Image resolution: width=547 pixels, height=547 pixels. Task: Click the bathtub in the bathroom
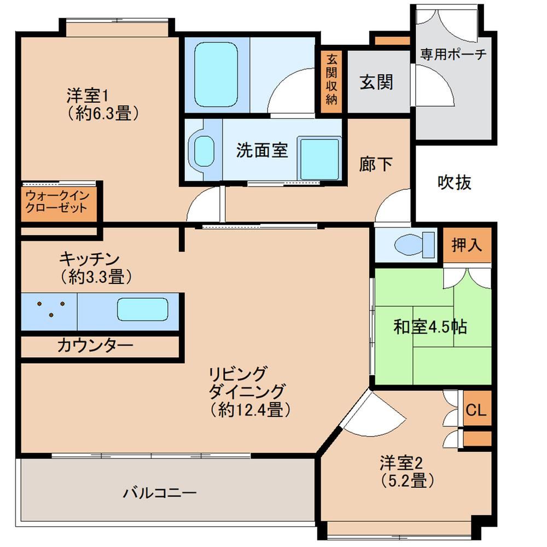216,74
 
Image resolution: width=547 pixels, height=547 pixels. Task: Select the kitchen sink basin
143,309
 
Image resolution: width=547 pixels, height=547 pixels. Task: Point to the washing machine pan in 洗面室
319,159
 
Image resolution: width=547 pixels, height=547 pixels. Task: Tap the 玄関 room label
376,83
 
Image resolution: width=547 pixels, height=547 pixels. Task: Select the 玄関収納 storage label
331,80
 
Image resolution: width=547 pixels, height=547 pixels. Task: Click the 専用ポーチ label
453,54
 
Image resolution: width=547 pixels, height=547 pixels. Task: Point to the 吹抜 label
454,182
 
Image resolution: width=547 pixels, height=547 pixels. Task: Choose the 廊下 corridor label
376,164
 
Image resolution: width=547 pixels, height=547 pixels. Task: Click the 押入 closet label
467,245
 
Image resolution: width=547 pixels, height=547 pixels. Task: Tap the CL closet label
476,410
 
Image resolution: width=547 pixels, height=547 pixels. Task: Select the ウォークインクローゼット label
57,202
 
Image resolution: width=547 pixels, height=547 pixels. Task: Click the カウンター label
95,345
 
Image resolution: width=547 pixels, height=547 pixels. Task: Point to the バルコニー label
160,493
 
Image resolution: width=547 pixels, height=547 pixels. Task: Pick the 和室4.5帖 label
430,327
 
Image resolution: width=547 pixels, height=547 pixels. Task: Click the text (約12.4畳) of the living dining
251,410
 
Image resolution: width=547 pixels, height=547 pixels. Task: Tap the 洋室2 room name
401,463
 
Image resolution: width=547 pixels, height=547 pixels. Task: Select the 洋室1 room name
89,95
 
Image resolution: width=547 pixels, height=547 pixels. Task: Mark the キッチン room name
89,259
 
